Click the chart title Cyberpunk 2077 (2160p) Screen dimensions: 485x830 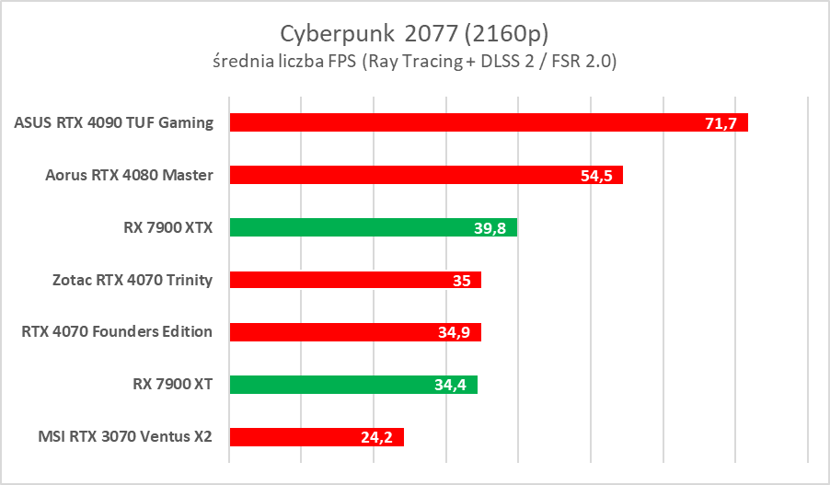click(x=414, y=33)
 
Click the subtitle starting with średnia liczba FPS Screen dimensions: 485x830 click(x=414, y=62)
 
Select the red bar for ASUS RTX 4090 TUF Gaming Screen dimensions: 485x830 click(x=460, y=122)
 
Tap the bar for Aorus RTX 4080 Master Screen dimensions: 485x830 click(x=405, y=175)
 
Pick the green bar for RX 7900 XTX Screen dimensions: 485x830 click(x=350, y=227)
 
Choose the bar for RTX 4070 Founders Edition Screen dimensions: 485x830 click(x=331, y=332)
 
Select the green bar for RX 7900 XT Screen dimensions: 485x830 click(x=331, y=385)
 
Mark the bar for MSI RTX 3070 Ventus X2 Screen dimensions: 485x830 click(x=294, y=437)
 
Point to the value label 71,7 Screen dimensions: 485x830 click(x=720, y=123)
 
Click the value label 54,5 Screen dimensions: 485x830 click(x=596, y=176)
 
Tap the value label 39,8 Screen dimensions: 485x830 click(x=490, y=228)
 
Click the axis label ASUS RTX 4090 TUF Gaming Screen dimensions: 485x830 click(x=114, y=122)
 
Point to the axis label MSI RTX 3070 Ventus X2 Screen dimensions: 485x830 click(x=120, y=437)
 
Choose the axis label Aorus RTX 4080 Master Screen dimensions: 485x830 click(x=130, y=175)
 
